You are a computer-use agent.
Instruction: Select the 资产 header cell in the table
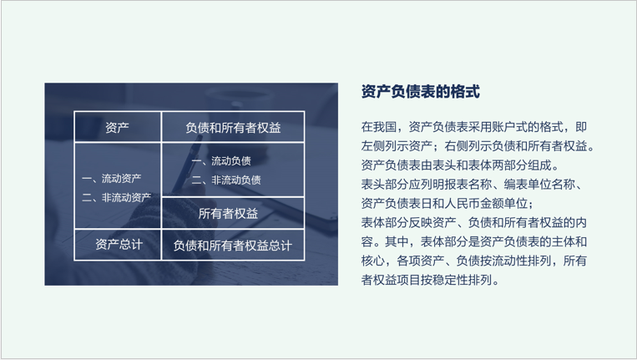coord(117,128)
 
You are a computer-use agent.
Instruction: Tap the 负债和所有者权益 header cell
coord(233,128)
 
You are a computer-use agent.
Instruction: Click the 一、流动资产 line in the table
coord(112,178)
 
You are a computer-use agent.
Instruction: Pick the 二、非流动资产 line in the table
coord(117,197)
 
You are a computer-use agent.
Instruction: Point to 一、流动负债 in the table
coord(221,160)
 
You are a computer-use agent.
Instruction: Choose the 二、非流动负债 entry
coord(226,179)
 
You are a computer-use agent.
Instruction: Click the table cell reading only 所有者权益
coord(229,213)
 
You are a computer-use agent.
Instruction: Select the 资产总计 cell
coord(118,245)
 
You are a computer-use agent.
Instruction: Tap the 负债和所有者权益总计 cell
coord(233,245)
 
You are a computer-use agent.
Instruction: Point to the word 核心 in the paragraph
coord(373,261)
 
